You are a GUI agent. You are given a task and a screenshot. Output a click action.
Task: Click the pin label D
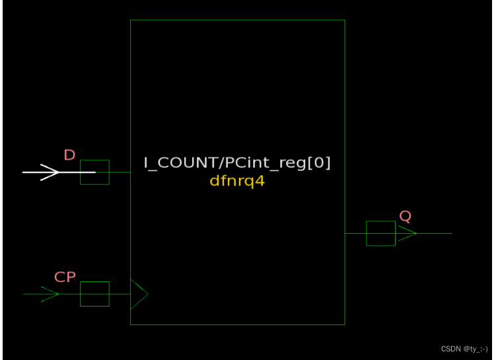[69, 155]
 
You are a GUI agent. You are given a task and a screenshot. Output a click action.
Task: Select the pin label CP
[65, 277]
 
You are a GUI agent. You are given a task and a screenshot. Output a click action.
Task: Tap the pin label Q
[405, 216]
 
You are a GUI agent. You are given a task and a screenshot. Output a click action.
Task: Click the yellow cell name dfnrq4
[237, 180]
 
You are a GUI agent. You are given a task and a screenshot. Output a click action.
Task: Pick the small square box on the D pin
[94, 172]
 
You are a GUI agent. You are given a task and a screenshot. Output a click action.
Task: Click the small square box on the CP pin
[94, 294]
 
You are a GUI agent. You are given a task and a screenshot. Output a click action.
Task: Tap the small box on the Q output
[380, 233]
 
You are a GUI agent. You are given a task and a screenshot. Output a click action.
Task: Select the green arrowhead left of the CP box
[50, 294]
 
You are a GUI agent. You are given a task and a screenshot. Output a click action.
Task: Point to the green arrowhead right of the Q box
[407, 233]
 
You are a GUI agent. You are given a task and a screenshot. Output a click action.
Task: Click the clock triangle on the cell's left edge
[139, 294]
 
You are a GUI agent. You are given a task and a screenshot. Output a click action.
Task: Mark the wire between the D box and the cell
[120, 172]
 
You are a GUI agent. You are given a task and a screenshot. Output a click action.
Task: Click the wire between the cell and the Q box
[355, 233]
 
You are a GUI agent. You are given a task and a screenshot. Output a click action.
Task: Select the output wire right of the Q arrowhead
[435, 233]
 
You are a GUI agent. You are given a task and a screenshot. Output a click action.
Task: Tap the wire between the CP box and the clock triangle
[120, 294]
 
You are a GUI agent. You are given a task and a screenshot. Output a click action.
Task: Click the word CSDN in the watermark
[450, 348]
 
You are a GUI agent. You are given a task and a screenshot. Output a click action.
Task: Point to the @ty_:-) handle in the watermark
[475, 348]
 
